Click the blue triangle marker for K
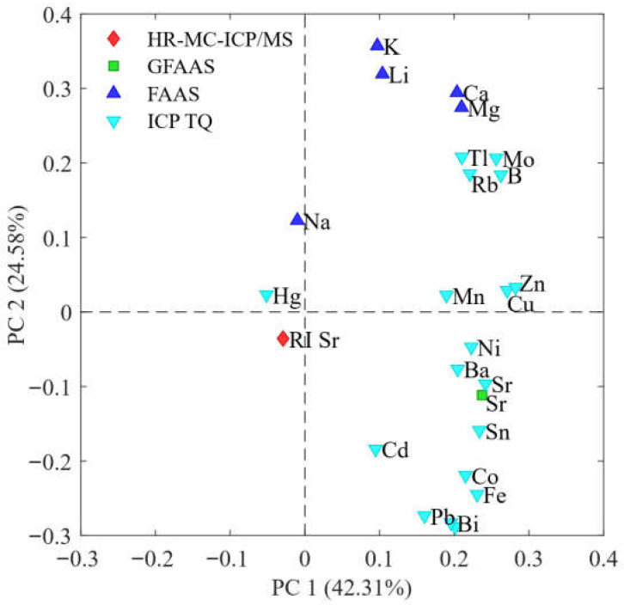pyautogui.click(x=377, y=45)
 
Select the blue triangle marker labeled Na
pyautogui.click(x=297, y=220)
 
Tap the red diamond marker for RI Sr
pyautogui.click(x=283, y=339)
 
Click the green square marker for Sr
pyautogui.click(x=482, y=395)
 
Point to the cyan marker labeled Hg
pyautogui.click(x=266, y=296)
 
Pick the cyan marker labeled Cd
pyautogui.click(x=376, y=450)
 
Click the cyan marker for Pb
pyautogui.click(x=425, y=516)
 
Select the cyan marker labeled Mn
pyautogui.click(x=446, y=296)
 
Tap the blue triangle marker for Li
pyautogui.click(x=382, y=74)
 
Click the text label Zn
pyautogui.click(x=532, y=284)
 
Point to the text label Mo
pyautogui.click(x=518, y=160)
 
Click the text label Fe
pyautogui.click(x=494, y=496)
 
